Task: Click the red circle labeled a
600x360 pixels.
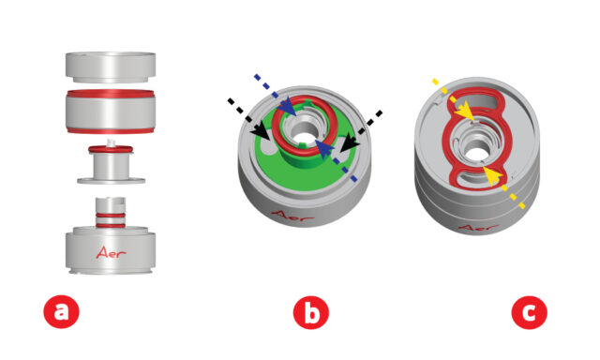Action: [61, 312]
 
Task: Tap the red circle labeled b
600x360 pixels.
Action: [310, 312]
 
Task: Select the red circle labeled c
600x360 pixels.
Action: [529, 312]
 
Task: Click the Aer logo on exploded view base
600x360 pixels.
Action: [111, 252]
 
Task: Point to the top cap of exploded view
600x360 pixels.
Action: [111, 67]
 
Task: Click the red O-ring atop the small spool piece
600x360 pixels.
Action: [111, 149]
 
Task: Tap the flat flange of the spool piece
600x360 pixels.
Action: [111, 180]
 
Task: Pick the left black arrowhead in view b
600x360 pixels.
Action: [261, 130]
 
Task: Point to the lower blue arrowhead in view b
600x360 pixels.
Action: [324, 150]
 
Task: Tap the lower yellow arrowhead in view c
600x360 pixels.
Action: [492, 176]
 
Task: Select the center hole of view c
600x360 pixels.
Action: [476, 152]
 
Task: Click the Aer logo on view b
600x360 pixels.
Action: [292, 217]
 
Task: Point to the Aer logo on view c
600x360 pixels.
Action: [477, 229]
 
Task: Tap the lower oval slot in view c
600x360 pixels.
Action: [477, 177]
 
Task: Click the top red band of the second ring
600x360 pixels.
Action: [111, 93]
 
